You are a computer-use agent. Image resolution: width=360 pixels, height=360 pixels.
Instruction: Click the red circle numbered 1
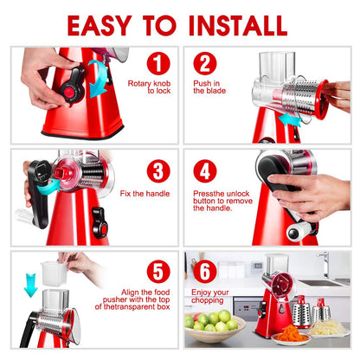coord(156,63)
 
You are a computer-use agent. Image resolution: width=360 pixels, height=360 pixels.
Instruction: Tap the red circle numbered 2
coord(205,63)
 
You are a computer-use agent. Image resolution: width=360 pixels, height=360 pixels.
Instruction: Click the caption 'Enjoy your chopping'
coord(210,297)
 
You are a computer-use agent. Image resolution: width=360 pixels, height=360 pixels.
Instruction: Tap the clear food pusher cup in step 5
coord(55,274)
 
